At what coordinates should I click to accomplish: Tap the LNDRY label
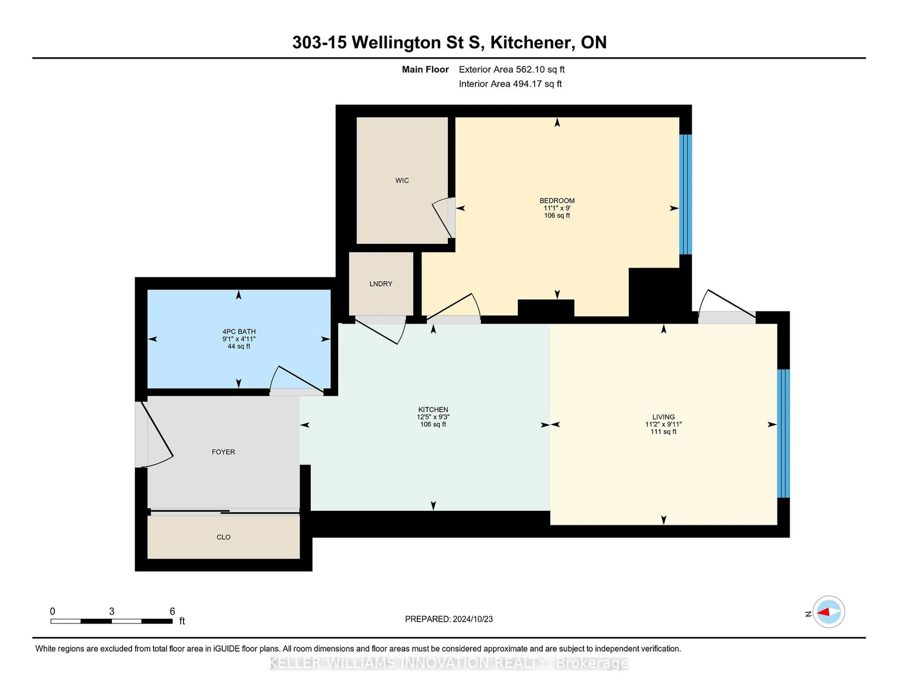click(x=381, y=284)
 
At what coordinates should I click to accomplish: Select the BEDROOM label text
click(x=557, y=201)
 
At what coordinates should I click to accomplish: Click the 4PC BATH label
click(x=239, y=331)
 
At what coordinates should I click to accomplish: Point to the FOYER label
click(x=223, y=452)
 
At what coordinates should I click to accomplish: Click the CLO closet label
click(x=223, y=537)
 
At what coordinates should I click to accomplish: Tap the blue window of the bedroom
click(x=685, y=194)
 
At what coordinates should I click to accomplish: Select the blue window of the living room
click(x=783, y=433)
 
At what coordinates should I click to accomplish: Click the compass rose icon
click(x=829, y=612)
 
